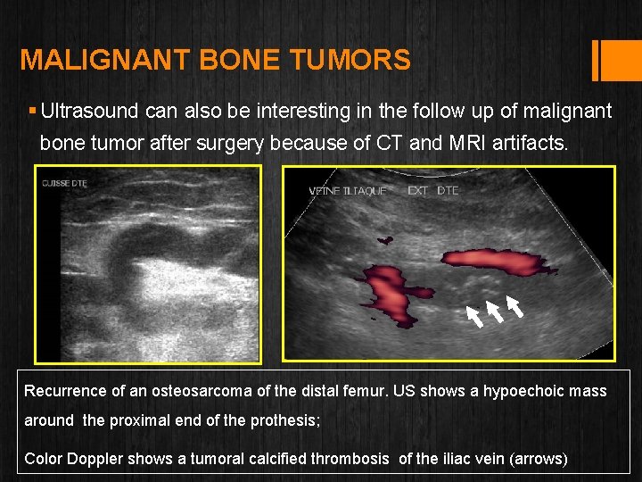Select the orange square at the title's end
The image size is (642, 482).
pos(615,60)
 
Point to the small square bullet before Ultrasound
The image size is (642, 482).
pos(32,112)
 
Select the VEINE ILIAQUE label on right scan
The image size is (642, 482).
pos(348,191)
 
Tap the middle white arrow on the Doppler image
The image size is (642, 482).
pos(495,311)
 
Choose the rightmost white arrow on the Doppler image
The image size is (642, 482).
pos(514,305)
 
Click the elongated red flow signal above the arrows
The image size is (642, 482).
pos(495,262)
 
